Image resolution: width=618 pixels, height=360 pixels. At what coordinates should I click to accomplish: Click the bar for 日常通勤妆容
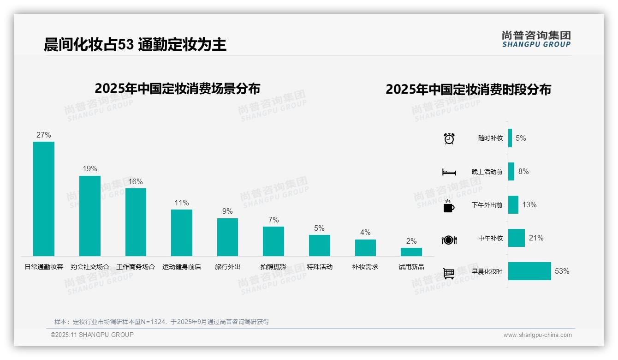pyautogui.click(x=44, y=199)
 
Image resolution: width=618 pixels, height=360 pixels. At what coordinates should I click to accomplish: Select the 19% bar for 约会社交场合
pyautogui.click(x=89, y=216)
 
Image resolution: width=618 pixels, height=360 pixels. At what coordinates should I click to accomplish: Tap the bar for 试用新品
pyautogui.click(x=411, y=252)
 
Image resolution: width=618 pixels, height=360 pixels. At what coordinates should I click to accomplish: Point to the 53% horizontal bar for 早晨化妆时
pyautogui.click(x=529, y=271)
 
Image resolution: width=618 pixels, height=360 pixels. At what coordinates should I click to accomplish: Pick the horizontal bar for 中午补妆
pyautogui.click(x=517, y=238)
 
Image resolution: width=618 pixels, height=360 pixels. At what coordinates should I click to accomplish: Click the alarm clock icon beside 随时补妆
pyautogui.click(x=449, y=138)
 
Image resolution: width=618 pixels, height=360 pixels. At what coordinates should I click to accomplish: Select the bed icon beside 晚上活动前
pyautogui.click(x=449, y=172)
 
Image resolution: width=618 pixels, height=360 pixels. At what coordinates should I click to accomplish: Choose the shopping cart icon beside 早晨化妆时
pyautogui.click(x=449, y=273)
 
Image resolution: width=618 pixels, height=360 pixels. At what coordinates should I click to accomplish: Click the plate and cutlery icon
pyautogui.click(x=449, y=240)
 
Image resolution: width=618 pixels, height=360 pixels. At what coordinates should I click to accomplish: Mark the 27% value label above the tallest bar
pyautogui.click(x=43, y=135)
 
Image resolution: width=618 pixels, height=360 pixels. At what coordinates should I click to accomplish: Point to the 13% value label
pyautogui.click(x=529, y=204)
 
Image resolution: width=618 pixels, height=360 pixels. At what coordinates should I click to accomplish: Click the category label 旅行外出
pyautogui.click(x=228, y=267)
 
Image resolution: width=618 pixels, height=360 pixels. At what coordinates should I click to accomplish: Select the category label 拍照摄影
pyautogui.click(x=273, y=267)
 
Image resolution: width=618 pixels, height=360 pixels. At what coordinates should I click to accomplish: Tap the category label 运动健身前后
pyautogui.click(x=182, y=267)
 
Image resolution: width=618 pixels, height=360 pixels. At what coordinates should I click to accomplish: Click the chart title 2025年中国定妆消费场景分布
pyautogui.click(x=178, y=88)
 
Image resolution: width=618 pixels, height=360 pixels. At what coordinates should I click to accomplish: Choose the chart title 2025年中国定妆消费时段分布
pyautogui.click(x=468, y=90)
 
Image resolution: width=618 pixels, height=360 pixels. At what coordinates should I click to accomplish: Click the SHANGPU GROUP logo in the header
pyautogui.click(x=536, y=39)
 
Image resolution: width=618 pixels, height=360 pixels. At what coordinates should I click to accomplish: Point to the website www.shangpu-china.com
pyautogui.click(x=537, y=335)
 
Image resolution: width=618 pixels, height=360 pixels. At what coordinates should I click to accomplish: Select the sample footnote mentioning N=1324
pyautogui.click(x=161, y=322)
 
